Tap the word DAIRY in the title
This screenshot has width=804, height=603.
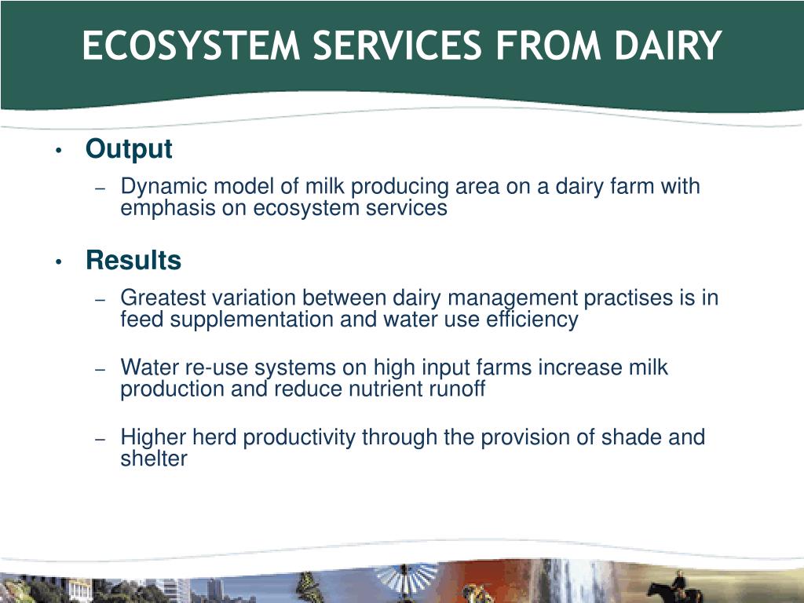[x=668, y=46]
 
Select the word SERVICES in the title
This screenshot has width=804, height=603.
[x=397, y=46]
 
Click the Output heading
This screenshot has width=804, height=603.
[x=129, y=149]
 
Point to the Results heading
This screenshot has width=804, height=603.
[x=133, y=260]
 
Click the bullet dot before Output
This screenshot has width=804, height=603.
[x=58, y=151]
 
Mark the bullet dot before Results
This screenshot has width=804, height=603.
[x=58, y=262]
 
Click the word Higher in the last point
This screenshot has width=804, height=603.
[x=153, y=437]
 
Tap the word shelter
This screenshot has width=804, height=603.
[x=154, y=459]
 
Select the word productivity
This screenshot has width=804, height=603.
[x=299, y=437]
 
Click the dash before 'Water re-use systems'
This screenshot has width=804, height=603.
[x=100, y=369]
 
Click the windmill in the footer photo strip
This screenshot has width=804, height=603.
[x=405, y=580]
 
